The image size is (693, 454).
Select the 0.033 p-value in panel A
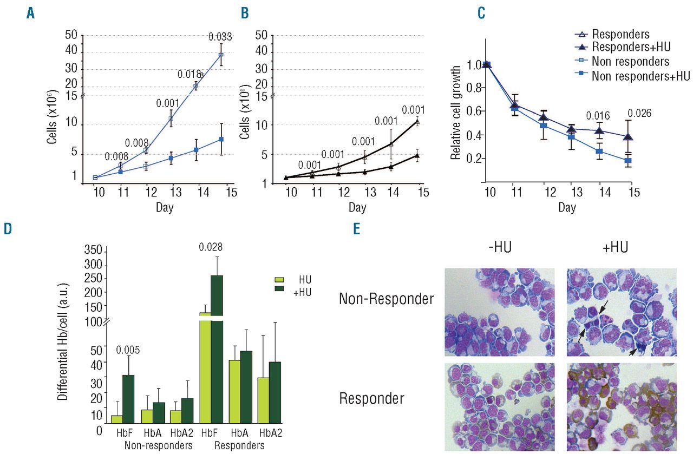pos(221,37)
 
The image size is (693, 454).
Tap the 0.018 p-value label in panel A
pos(189,74)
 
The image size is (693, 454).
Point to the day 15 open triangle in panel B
pos(417,121)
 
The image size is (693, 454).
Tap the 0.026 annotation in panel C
pos(638,114)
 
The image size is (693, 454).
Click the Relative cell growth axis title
pos(456,113)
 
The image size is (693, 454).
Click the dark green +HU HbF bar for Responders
pos(217,346)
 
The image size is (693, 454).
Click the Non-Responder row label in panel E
pos(386,298)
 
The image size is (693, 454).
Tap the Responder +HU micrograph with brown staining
pos(621,406)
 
